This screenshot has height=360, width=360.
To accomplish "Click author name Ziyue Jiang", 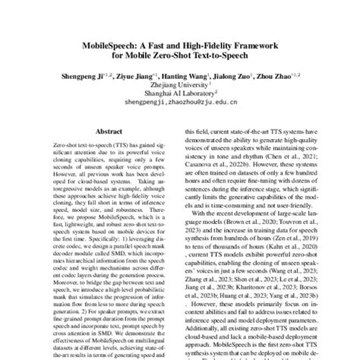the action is click(x=136, y=77).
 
